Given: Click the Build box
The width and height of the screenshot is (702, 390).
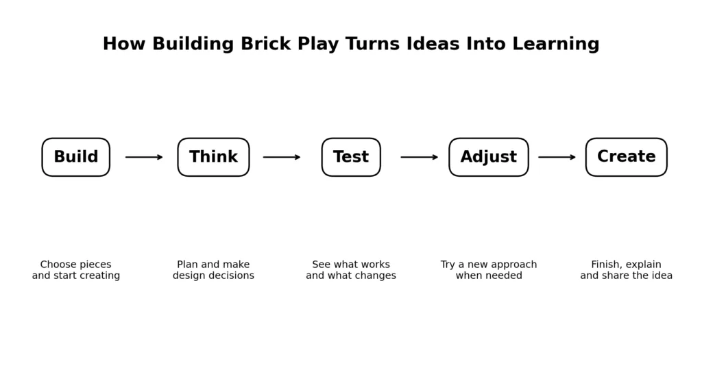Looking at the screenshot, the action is coord(75,157).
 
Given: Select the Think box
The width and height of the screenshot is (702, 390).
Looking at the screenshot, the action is coord(214,157).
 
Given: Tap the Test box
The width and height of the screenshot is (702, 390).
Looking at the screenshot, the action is coord(351,157).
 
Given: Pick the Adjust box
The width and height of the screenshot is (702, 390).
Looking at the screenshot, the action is coord(489,157).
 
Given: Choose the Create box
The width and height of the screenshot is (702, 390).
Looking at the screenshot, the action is coord(627,157).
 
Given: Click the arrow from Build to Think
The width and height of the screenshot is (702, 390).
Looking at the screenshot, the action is coord(144,157).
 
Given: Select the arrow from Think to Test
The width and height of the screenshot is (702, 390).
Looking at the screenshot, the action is coord(282,157).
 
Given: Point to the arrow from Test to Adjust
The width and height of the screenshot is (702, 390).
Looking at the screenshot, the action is coord(420,157).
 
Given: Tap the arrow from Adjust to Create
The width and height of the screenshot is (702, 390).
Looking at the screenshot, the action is coord(557,157).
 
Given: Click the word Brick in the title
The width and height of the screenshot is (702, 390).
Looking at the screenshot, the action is coord(266,44).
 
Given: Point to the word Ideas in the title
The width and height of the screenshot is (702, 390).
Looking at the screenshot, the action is coord(433,44).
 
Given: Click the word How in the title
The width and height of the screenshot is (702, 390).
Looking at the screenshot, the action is coord(124,44).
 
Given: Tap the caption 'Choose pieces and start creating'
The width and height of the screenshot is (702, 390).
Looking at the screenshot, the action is coord(75,270).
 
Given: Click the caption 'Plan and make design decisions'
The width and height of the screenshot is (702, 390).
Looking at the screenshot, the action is coord(214,270).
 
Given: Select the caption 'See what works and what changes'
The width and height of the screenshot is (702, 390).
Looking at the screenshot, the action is coord(351,270).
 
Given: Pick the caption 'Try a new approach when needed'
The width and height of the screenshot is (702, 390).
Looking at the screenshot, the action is coord(489,270).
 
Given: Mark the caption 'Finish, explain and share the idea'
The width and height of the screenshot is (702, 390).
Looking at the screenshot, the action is coord(627,270).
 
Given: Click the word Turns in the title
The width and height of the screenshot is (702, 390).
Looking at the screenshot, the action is coord(372,44).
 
